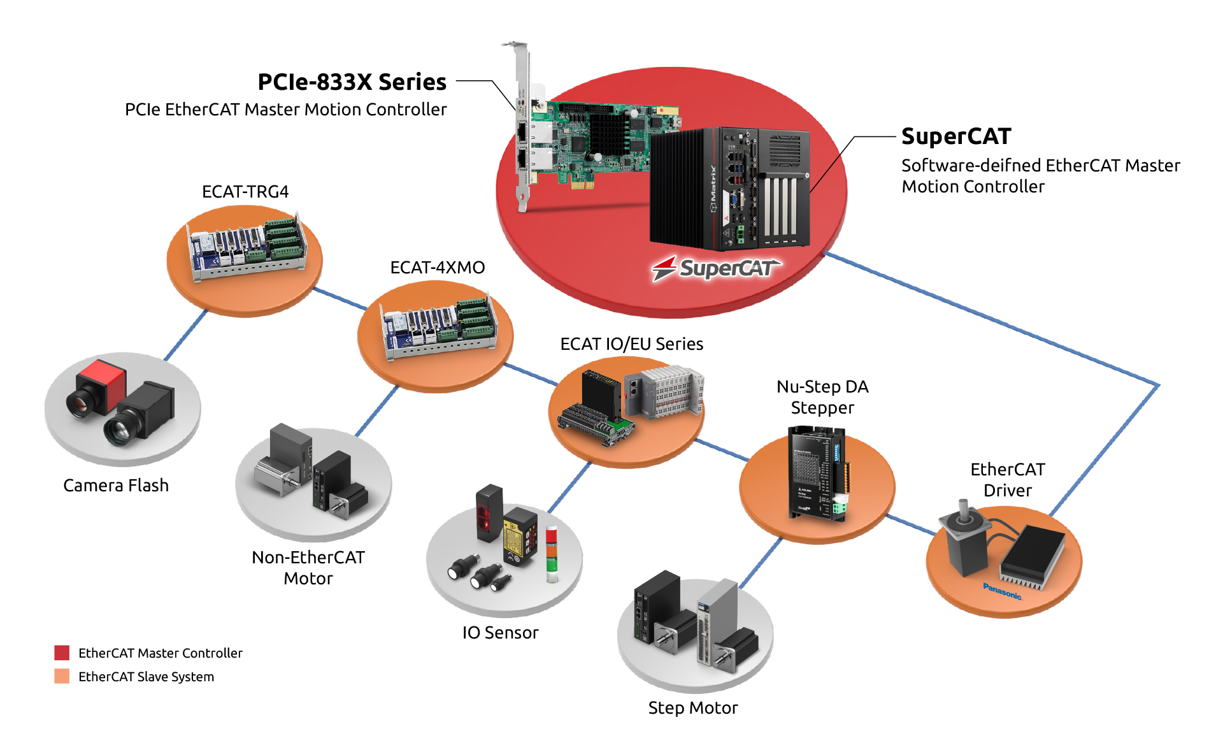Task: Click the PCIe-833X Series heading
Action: coord(352,82)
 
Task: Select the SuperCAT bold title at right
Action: coord(955,136)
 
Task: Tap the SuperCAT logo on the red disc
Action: coord(717,268)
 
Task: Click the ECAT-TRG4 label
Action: coord(245,192)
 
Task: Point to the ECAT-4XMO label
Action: coord(437,268)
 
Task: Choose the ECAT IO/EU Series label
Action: coord(631,344)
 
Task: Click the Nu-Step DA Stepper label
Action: coord(822,397)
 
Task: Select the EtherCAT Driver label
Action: coord(1007,480)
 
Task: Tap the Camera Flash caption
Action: coord(116,486)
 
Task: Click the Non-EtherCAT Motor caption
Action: coord(308,568)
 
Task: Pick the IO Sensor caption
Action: coord(500,633)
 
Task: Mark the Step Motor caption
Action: coord(692,708)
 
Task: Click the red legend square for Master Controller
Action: coord(62,653)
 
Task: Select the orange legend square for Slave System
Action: coord(62,676)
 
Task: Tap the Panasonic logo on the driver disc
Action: coord(1002,591)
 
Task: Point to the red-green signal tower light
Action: coord(551,553)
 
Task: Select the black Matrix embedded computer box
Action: coord(729,188)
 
